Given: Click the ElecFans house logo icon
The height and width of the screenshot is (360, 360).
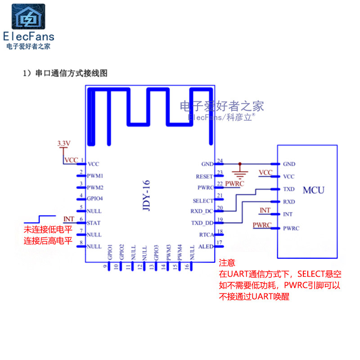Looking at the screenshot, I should point(28,17).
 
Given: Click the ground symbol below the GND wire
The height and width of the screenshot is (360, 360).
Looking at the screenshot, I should point(240,173).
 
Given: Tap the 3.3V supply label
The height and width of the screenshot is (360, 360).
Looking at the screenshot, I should point(63,143).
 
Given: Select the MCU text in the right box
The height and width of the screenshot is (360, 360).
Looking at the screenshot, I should point(313,190).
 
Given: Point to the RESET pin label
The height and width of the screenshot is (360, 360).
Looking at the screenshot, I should point(204,177).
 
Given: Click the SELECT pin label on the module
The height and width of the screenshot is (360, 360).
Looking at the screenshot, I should point(202,201).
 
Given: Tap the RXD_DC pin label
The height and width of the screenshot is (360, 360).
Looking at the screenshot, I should point(202,211).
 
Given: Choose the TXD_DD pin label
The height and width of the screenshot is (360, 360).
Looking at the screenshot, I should point(202,223).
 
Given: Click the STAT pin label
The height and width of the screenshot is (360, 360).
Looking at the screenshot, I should point(94,223).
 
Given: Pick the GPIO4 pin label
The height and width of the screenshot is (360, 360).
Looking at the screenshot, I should point(95,199).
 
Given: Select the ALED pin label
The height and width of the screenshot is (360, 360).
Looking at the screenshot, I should point(206,247).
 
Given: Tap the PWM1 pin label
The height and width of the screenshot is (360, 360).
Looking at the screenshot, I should point(95,175).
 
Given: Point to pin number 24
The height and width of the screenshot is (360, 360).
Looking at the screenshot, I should point(220,160).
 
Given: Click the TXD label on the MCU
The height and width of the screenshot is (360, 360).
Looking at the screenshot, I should point(289,189).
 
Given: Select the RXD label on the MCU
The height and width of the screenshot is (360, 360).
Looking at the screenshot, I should point(289,202).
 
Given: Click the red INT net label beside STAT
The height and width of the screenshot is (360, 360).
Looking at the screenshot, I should point(69,219).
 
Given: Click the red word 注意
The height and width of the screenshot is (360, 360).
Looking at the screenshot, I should point(227,263).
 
